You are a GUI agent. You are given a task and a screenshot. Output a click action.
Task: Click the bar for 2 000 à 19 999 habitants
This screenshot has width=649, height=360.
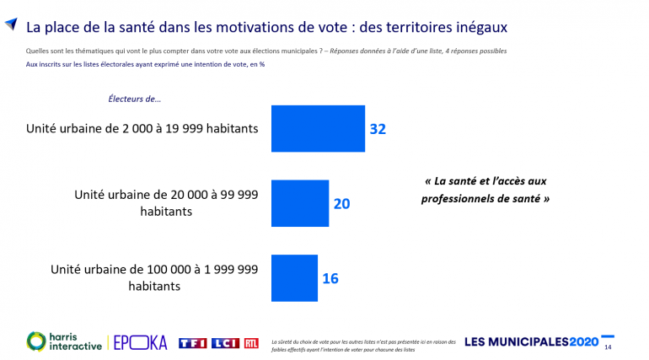coord(318,128)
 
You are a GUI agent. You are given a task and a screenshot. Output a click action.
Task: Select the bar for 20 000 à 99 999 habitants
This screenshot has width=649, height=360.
coord(299,203)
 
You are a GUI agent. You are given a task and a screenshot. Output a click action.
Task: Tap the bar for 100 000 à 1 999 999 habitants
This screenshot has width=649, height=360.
coord(294,277)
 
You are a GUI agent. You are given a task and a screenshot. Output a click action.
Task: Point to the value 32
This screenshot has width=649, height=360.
coord(378,129)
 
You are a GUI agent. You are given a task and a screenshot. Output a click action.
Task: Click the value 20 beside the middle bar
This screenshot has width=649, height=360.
coord(341,203)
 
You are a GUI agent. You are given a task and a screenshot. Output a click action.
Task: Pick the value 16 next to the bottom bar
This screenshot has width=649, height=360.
coord(330,277)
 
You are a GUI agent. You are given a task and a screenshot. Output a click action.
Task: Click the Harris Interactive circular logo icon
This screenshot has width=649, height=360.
coord(38,341)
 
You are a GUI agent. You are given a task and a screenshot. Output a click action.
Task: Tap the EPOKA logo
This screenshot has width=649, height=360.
coord(140,342)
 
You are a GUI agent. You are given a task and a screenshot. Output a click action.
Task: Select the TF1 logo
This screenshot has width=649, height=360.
coord(193,342)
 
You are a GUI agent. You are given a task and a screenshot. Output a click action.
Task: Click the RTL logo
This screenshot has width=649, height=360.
coord(251,342)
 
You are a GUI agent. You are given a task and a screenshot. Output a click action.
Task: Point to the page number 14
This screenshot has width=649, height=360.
coord(608,346)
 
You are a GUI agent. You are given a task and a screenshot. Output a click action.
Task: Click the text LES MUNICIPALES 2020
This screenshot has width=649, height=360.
coord(531,342)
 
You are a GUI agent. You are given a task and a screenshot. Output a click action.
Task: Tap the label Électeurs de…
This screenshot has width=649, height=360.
coord(135,99)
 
